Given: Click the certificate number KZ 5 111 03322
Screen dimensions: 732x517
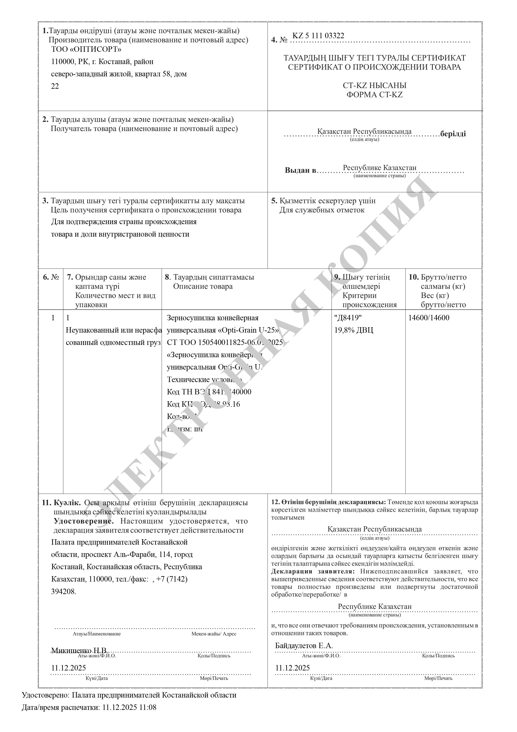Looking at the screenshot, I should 318,36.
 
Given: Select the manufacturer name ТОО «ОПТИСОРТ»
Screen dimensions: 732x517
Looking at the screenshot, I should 86,49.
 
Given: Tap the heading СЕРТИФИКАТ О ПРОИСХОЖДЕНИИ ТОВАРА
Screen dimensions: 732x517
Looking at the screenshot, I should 374,67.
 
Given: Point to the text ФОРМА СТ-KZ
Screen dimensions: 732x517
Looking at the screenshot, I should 374,95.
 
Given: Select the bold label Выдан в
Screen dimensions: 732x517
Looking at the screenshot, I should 300,170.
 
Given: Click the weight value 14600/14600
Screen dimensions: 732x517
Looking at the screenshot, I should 429,318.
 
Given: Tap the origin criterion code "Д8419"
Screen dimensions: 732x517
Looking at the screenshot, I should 348,318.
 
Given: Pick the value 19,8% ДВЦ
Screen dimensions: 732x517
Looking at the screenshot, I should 354,330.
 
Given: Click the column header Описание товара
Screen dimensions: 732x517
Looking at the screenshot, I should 203,286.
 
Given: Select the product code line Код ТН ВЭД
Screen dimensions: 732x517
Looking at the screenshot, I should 209,392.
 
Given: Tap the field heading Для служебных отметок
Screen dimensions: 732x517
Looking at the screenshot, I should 322,210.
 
